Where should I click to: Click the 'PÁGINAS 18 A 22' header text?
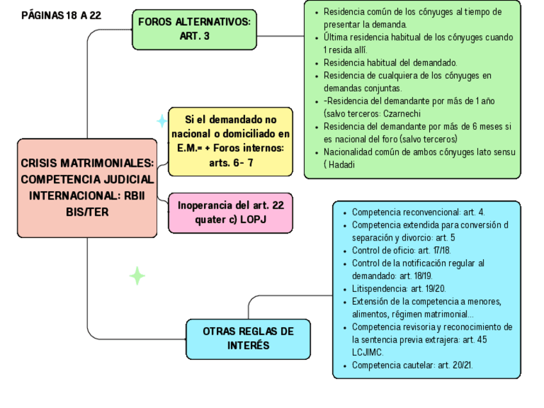[x=61, y=15]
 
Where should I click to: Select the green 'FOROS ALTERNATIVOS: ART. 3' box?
[x=194, y=30]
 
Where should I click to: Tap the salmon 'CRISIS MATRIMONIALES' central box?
[x=87, y=187]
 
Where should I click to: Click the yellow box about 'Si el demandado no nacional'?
[x=230, y=141]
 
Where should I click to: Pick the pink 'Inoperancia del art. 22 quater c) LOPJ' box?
[x=230, y=212]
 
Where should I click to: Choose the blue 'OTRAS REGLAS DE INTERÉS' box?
[x=248, y=338]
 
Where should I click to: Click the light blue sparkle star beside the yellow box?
[x=162, y=121]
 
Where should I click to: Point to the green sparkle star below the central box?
[x=137, y=276]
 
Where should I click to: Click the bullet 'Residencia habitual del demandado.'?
[x=390, y=63]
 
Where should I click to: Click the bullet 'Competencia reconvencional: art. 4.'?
[x=418, y=212]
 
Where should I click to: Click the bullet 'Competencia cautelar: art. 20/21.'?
[x=421, y=366]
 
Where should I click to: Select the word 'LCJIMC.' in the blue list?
[x=368, y=352]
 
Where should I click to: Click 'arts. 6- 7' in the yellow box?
[x=231, y=163]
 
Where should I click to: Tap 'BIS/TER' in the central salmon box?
[x=87, y=211]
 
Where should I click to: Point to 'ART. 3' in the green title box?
[x=194, y=37]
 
